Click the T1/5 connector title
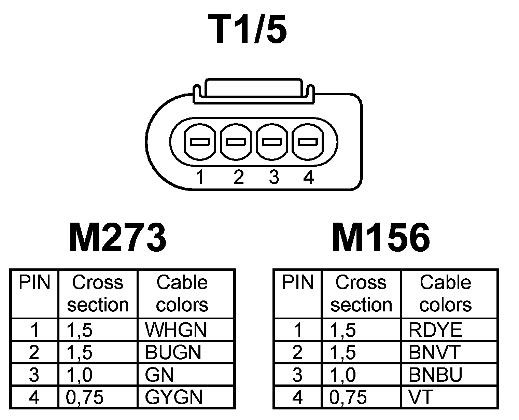(x=250, y=30)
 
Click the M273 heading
(x=118, y=237)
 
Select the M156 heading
(x=381, y=237)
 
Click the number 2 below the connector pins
(x=239, y=178)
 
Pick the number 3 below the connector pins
(x=274, y=178)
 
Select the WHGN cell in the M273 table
(x=176, y=330)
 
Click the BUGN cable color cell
(x=173, y=352)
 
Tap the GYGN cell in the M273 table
(x=174, y=397)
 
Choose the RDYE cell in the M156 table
(x=435, y=330)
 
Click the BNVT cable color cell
(x=434, y=352)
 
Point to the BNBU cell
(x=435, y=375)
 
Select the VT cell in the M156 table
(x=421, y=397)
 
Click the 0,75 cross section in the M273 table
(x=84, y=397)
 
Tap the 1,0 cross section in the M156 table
(x=343, y=375)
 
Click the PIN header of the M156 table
(x=297, y=283)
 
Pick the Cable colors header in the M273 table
(x=182, y=294)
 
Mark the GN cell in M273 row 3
(x=159, y=375)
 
